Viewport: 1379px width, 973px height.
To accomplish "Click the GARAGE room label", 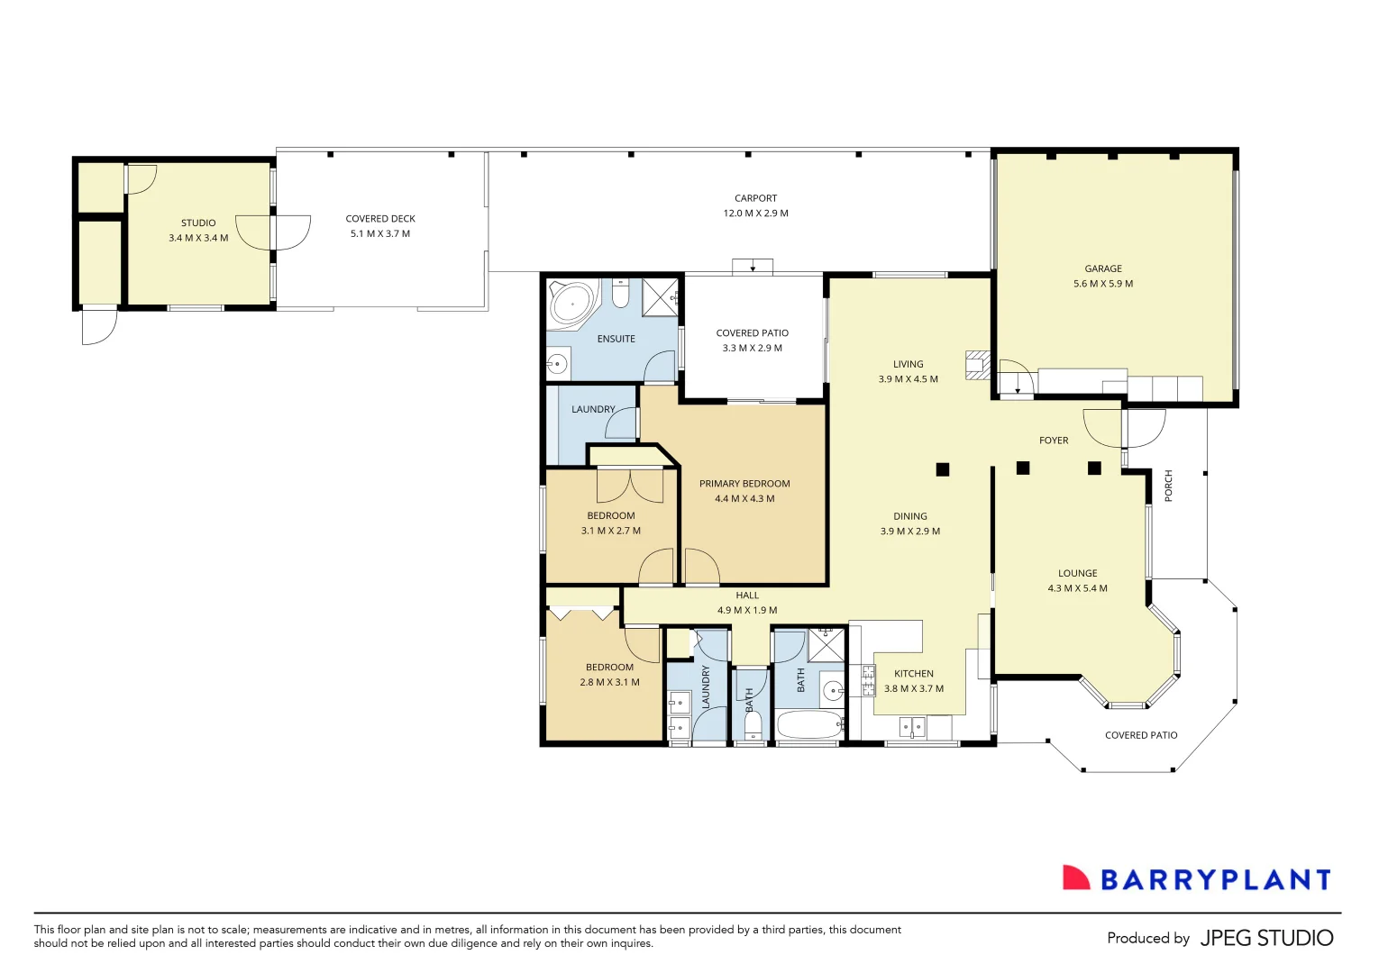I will click(1103, 268).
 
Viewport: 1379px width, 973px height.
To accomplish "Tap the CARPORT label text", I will click(755, 198).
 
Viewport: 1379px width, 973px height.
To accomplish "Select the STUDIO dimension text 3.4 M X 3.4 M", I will click(198, 238).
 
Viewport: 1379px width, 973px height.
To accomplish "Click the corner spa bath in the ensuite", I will click(571, 302).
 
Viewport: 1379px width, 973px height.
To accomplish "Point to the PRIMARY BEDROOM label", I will click(744, 484).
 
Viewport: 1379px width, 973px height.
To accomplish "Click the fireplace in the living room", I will click(977, 365).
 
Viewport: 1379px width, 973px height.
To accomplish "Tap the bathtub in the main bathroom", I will click(809, 726).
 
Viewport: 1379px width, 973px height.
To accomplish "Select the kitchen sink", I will click(912, 726).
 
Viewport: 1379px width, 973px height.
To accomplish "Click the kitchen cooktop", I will click(868, 680).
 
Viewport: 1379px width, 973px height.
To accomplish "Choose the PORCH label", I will click(1169, 486).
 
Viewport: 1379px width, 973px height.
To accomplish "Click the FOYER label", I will click(1054, 441).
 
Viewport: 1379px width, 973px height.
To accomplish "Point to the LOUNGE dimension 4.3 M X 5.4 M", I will click(1077, 588).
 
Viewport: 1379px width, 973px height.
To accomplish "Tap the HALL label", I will click(747, 596).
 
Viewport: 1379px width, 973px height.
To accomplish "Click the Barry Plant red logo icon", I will click(1075, 878).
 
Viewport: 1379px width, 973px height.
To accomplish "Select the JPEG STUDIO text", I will click(1266, 938).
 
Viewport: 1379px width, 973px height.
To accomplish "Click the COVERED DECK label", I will click(380, 219).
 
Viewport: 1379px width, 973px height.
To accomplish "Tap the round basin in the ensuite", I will click(557, 364).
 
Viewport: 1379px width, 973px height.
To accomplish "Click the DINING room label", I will click(910, 516).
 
